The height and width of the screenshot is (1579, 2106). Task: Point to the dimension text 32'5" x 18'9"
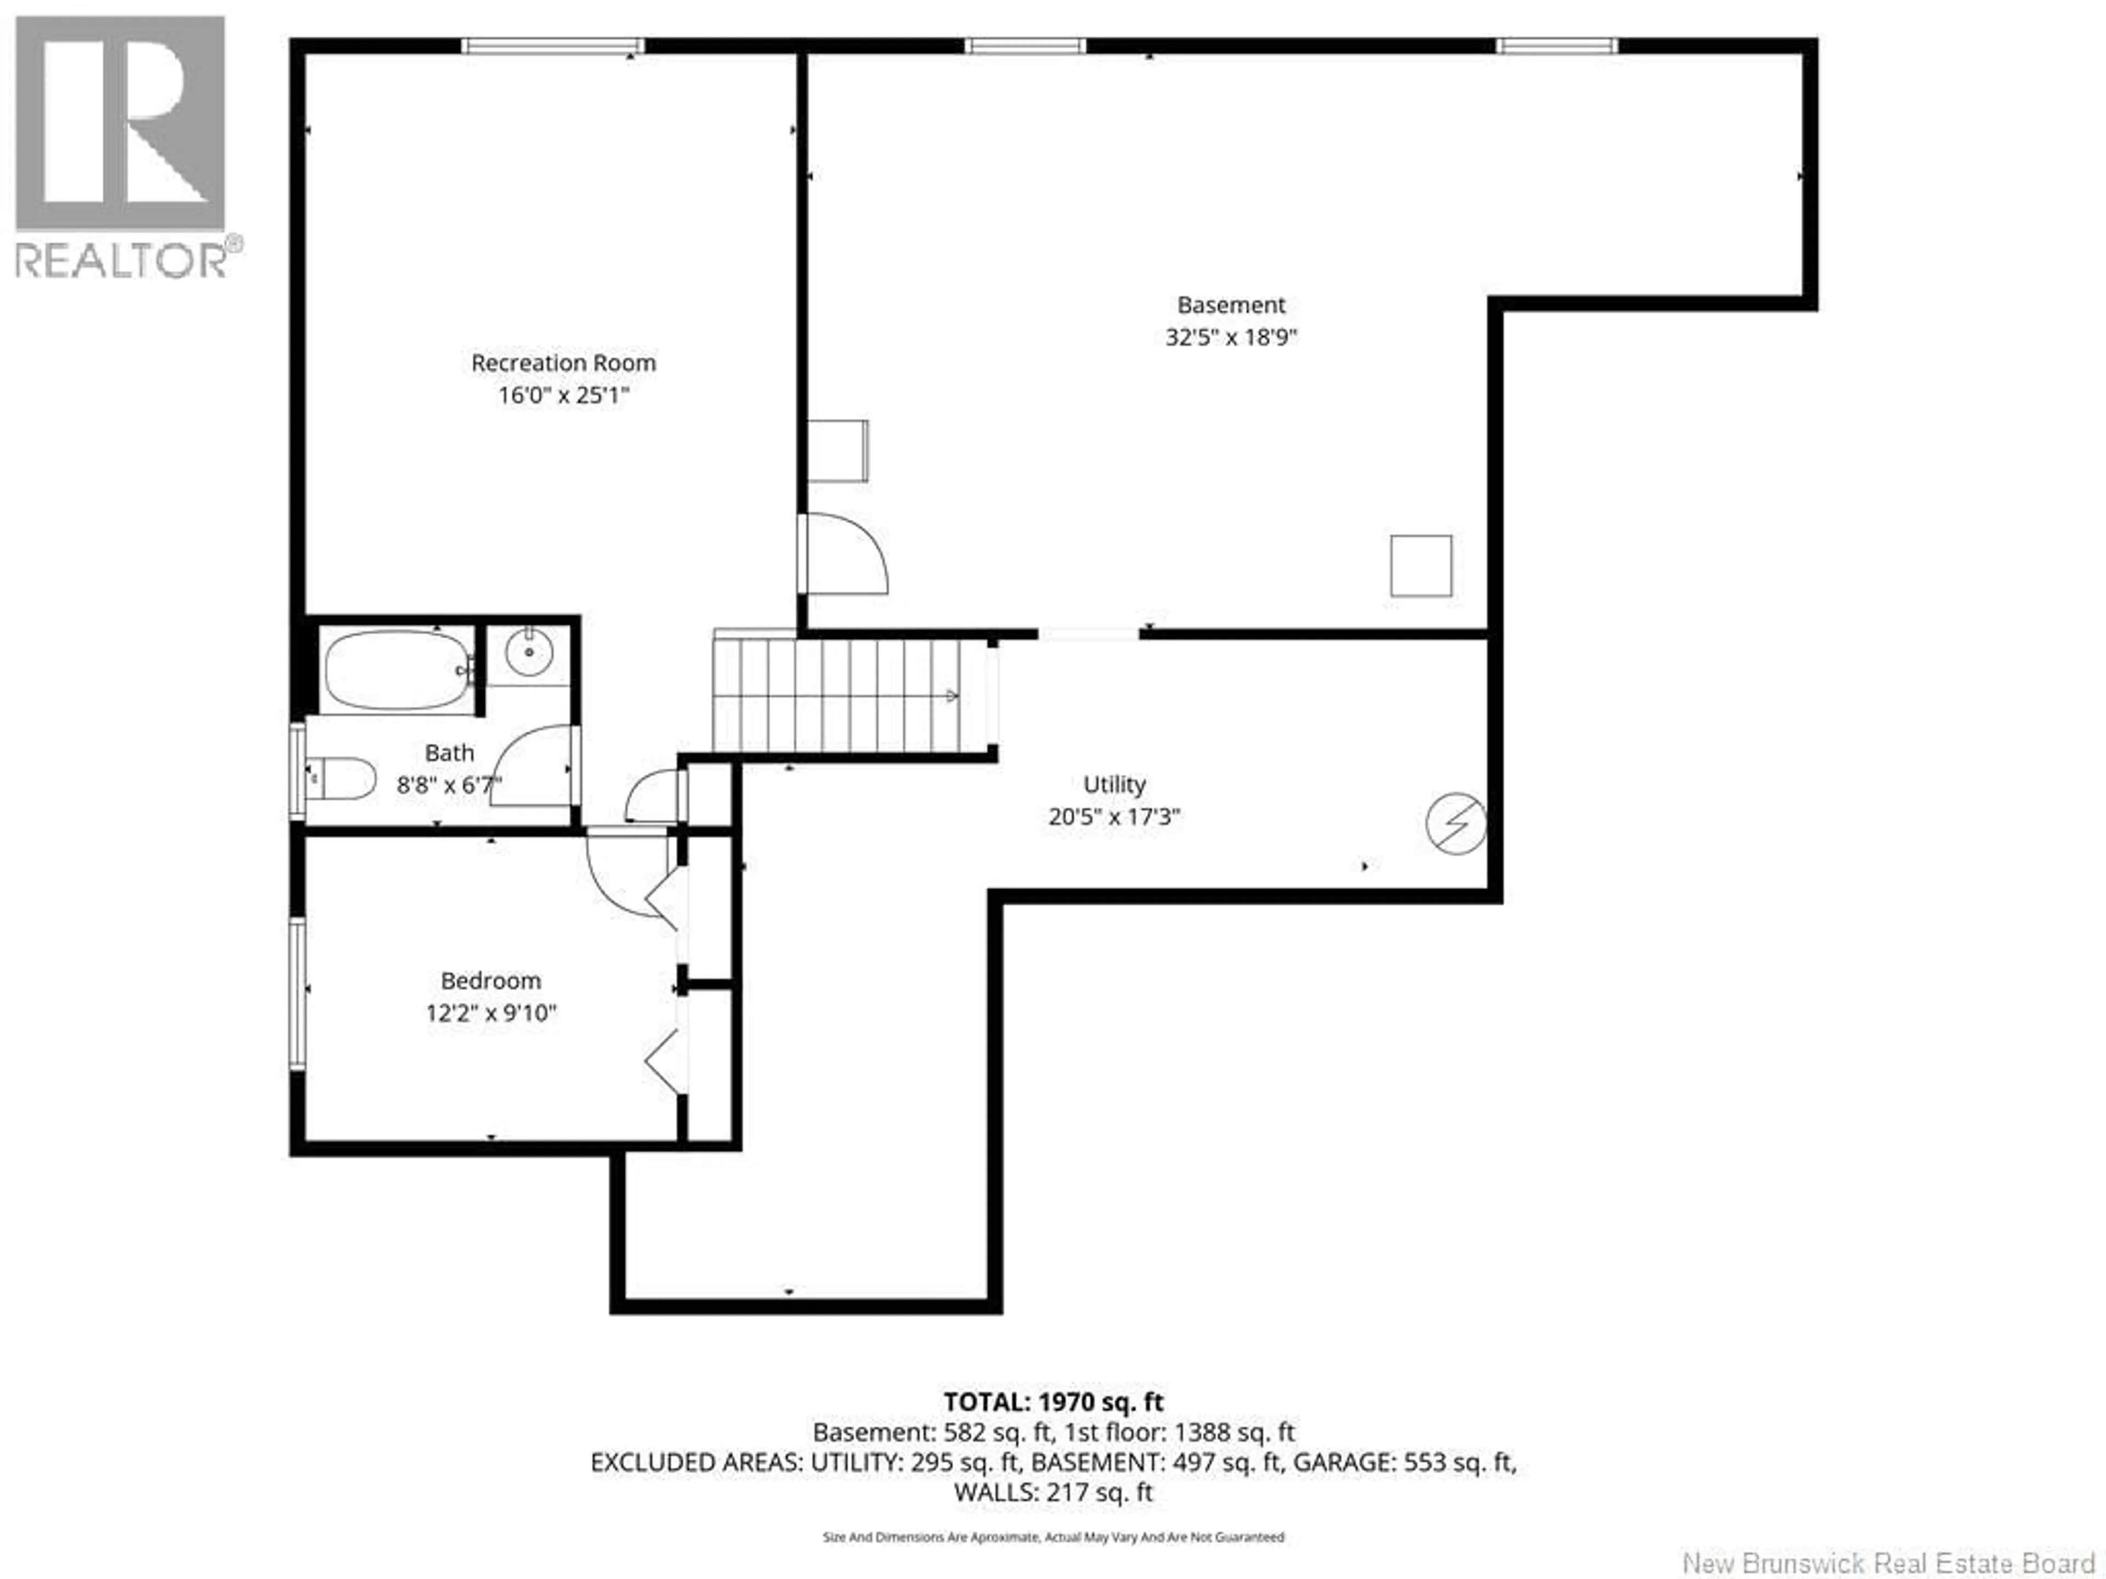1231,338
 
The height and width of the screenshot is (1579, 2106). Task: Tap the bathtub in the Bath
397,670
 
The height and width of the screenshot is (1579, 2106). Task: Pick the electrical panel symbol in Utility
1456,823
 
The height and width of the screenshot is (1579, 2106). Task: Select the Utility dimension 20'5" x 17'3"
1114,816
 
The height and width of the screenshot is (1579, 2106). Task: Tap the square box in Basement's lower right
1420,566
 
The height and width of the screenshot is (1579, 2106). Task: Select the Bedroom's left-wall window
297,993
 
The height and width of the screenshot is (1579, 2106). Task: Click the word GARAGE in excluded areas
1345,1462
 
